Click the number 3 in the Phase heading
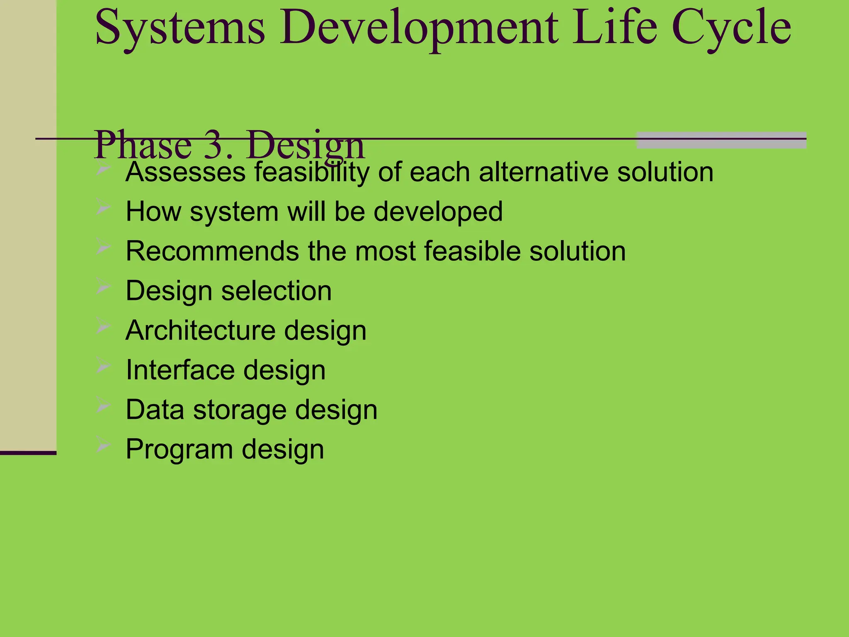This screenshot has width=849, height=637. [214, 145]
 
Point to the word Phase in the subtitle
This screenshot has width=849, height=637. [143, 145]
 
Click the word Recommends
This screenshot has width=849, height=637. [212, 251]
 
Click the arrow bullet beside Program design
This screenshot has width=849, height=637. [103, 445]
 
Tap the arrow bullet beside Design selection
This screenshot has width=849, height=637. [103, 286]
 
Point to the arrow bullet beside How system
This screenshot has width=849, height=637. [103, 207]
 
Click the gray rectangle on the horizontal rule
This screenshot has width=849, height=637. [721, 140]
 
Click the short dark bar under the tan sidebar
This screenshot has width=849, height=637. [28, 453]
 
